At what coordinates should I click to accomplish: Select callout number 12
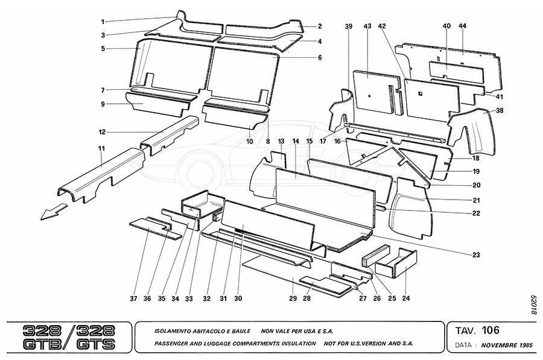(x=103, y=132)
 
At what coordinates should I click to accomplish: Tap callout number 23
(x=476, y=255)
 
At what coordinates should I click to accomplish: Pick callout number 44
(x=463, y=26)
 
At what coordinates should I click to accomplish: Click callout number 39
(x=349, y=26)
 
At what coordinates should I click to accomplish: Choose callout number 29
(x=293, y=298)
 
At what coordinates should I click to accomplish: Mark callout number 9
(x=103, y=104)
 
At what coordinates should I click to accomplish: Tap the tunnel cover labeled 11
(x=97, y=181)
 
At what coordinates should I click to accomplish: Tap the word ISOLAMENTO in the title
(x=164, y=331)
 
